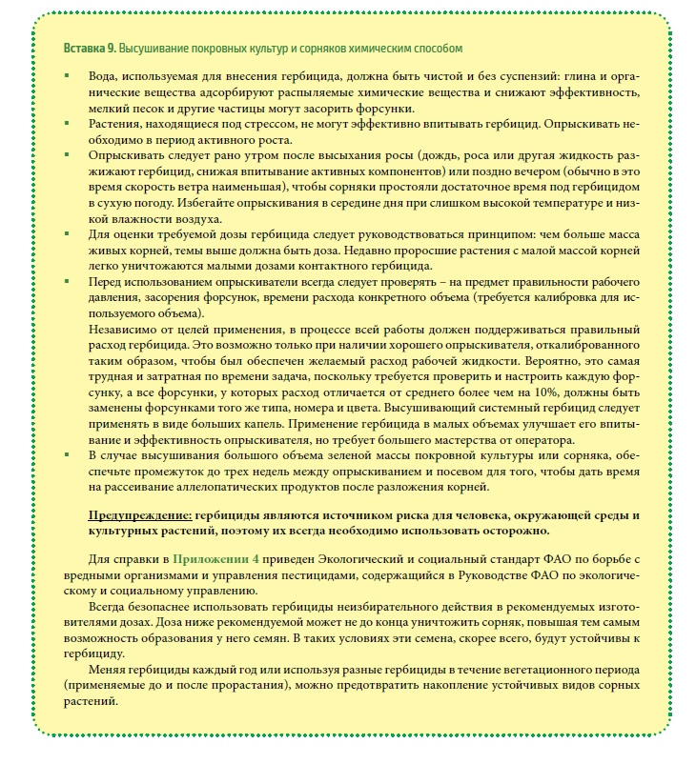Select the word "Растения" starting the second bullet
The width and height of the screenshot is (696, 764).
(115, 123)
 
